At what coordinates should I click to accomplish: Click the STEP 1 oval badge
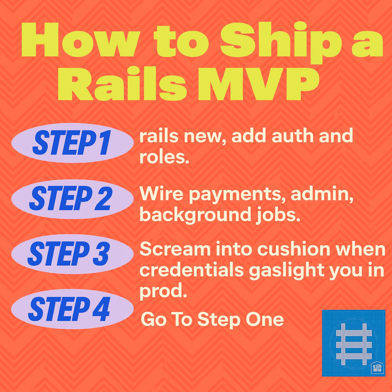(72, 143)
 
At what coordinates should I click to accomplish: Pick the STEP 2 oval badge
(72, 199)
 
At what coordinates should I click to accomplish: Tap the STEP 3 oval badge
(72, 254)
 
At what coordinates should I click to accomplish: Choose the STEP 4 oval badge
(72, 309)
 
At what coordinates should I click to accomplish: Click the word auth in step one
(292, 136)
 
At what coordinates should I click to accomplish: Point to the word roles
(164, 157)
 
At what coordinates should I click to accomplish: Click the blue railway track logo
(353, 343)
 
